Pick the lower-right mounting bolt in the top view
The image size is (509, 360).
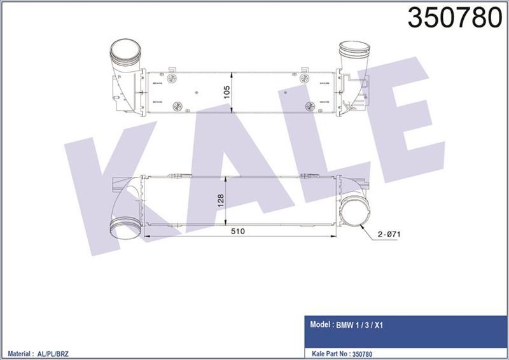coord(309,105)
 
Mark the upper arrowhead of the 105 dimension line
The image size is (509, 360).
coord(235,72)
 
